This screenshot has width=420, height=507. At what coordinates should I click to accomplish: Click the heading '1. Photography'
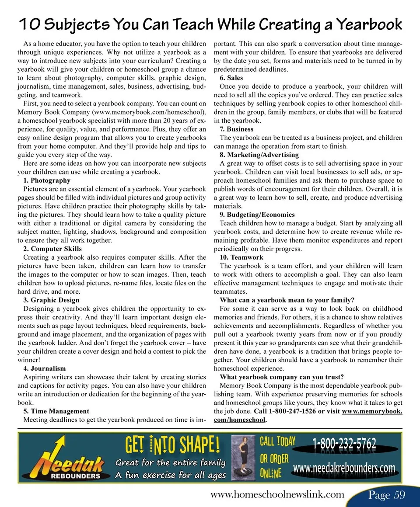[46, 181]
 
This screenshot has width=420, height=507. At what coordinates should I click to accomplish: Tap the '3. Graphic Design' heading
[51, 300]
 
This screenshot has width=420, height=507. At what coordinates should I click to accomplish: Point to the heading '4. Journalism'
[44, 368]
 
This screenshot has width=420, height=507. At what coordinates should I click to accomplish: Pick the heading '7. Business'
[236, 129]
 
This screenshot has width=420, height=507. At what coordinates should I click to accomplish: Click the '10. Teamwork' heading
[241, 257]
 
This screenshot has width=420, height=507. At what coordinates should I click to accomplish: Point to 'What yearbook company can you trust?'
[282, 377]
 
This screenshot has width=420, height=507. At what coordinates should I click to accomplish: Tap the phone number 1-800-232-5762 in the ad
[344, 444]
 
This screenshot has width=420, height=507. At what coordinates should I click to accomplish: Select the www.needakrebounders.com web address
[344, 469]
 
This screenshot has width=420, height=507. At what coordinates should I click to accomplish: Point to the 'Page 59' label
[386, 495]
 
